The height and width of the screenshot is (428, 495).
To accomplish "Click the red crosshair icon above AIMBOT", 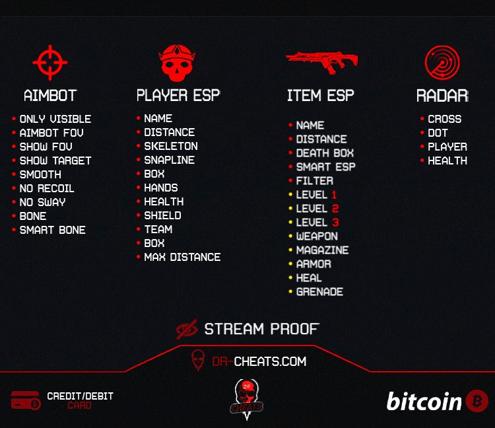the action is coord(50,63).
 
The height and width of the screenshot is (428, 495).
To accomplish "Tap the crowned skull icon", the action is coord(177,63).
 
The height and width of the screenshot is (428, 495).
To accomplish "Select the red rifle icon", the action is coord(321,63).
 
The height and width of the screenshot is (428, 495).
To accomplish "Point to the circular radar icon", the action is coord(442,62).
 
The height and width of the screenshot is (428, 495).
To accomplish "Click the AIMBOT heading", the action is coord(50,95).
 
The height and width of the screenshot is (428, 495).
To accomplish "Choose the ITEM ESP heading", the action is coord(320,95).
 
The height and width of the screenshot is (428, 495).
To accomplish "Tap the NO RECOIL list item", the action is coord(47,188).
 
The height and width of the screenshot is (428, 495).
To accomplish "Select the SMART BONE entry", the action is coord(52,230).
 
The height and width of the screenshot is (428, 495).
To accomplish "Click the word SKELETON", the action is coord(171,146).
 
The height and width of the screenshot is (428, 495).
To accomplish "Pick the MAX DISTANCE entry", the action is coord(182,257).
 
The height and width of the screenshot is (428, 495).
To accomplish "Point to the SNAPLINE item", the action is coord(169,160).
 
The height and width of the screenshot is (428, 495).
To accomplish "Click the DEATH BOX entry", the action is coord(325,153).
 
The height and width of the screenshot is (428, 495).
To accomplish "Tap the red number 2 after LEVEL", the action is coord(335,209).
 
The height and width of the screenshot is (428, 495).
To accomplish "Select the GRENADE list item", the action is coord(319,291).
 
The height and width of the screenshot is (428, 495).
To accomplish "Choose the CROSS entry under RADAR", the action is coord(444,119).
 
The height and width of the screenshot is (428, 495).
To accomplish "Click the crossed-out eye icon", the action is coord(187,329).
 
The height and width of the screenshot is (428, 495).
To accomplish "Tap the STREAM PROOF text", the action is coord(261,329).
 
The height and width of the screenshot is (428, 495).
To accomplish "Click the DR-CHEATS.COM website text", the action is coord(259,361).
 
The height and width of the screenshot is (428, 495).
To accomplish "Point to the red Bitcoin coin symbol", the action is coord(477,401).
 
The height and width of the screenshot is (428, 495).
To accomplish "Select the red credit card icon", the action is coord(26,400).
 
